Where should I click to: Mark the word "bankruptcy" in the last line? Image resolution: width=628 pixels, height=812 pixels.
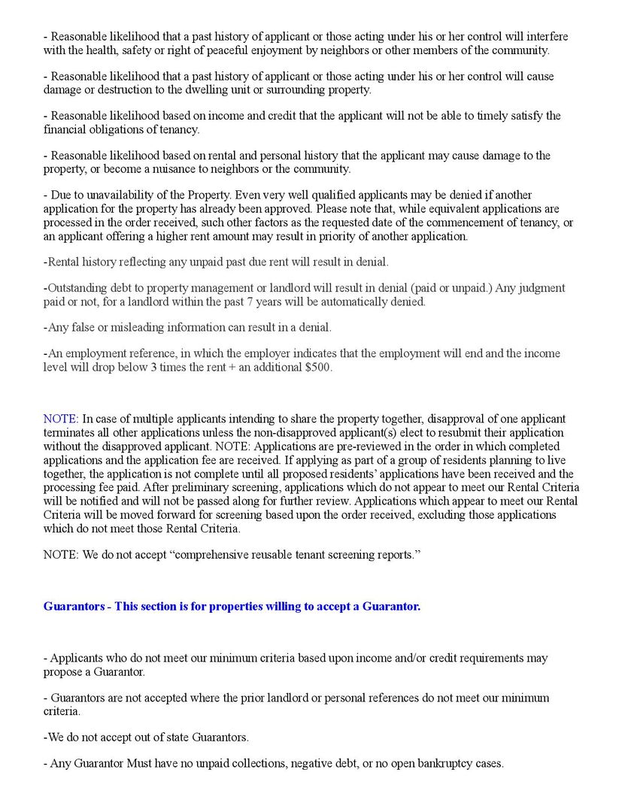tap(433, 764)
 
